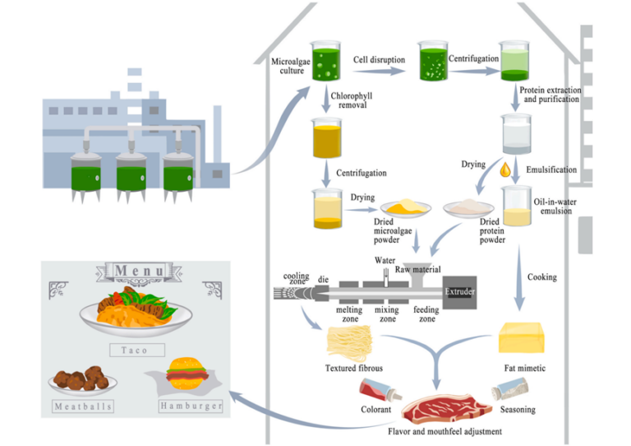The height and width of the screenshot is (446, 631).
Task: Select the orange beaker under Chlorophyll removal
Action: (x=326, y=138)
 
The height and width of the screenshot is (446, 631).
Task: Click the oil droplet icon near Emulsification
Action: (x=505, y=171)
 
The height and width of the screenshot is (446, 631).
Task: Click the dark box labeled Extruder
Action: (x=459, y=291)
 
